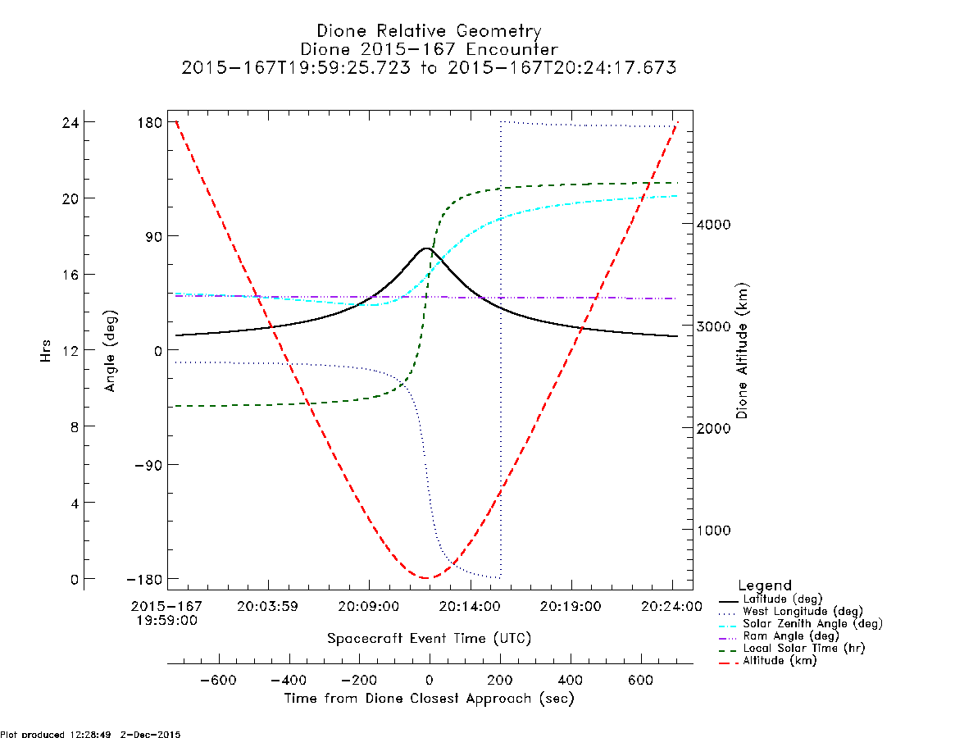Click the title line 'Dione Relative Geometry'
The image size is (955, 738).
(x=429, y=31)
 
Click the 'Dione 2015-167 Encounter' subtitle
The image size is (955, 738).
(x=429, y=49)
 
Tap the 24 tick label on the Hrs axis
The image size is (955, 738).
(x=70, y=122)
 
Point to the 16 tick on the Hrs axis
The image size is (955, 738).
(x=70, y=275)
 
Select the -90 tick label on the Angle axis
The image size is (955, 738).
(x=148, y=465)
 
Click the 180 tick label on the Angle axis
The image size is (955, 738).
(x=150, y=122)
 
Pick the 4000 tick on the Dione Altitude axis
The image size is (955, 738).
(x=714, y=224)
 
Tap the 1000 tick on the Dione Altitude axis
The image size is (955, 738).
(x=714, y=531)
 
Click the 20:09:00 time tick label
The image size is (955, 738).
(x=369, y=607)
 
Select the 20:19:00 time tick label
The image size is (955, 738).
(x=571, y=607)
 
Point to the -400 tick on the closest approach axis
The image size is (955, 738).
(x=289, y=680)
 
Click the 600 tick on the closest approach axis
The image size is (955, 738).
(x=641, y=680)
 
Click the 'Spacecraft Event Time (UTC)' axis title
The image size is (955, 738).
(x=430, y=639)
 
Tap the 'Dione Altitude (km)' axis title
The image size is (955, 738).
(x=742, y=351)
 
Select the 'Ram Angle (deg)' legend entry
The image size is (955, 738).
(x=790, y=636)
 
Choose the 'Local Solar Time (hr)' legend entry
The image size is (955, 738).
(x=803, y=649)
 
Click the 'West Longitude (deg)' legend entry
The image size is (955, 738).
(x=803, y=611)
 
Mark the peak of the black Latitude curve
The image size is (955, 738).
(x=426, y=248)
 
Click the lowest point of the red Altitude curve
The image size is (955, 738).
(x=426, y=578)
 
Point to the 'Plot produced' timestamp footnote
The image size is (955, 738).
(x=90, y=734)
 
